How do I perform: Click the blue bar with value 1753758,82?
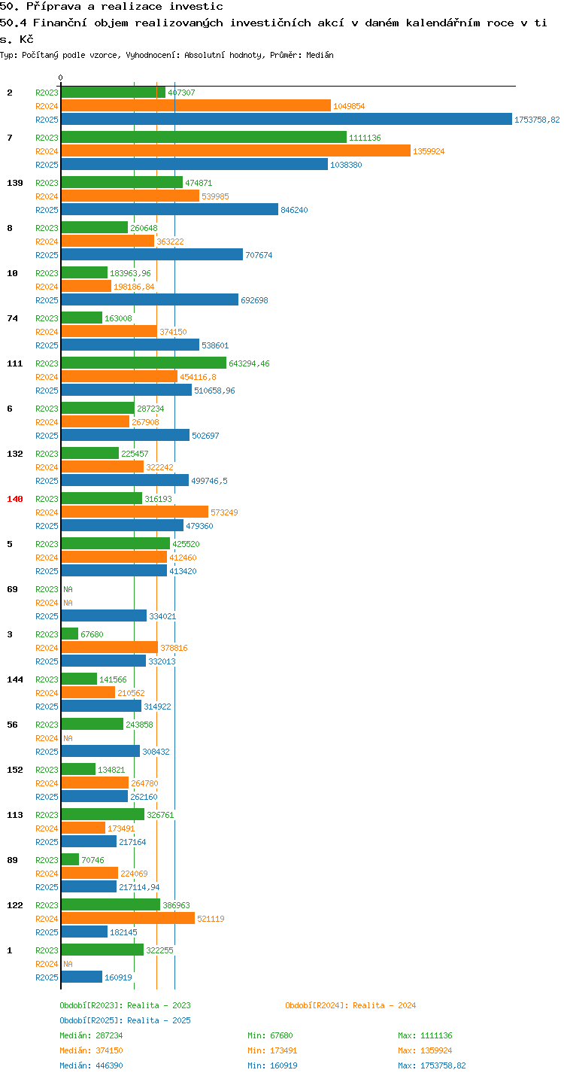(287, 120)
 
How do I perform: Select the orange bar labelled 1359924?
(236, 151)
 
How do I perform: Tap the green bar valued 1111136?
(204, 137)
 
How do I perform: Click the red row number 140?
(15, 499)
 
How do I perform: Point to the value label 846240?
(294, 210)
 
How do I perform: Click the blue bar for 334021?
(104, 616)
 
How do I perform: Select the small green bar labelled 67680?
(70, 634)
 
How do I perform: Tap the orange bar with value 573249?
(135, 512)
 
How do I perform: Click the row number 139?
(15, 183)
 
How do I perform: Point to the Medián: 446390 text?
(91, 1065)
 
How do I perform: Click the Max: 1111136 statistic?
(425, 1035)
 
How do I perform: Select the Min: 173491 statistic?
(272, 1050)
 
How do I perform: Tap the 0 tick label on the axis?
(61, 78)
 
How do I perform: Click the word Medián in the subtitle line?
(320, 55)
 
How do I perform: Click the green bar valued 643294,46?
(144, 363)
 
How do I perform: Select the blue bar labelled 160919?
(82, 977)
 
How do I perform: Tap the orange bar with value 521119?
(128, 919)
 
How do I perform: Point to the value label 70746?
(92, 860)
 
